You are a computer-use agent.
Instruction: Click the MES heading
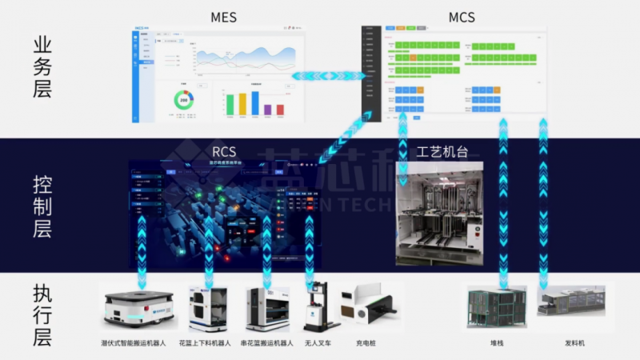coord(222,17)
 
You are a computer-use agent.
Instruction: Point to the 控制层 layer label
coord(42,207)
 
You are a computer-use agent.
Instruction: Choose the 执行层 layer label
coord(42,314)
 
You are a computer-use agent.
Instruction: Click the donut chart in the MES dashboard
coord(183,101)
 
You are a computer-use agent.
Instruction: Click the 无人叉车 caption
coord(317,343)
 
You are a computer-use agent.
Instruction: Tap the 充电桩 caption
coord(366,343)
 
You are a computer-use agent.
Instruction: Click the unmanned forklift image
coord(317,308)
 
